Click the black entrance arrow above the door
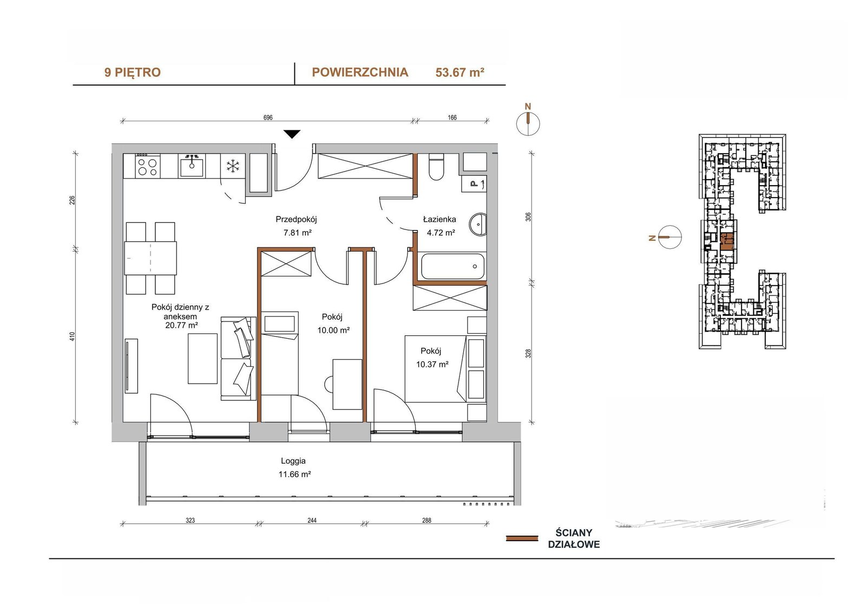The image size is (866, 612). point(292,134)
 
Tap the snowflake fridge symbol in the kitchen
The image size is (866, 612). point(233,166)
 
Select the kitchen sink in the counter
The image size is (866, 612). point(192,166)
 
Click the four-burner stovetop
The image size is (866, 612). point(148,166)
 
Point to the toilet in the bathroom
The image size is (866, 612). point(436,167)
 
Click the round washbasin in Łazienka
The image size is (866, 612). point(478,224)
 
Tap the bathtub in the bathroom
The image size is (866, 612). point(452,266)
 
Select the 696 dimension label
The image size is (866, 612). point(268,117)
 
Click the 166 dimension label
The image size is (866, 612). point(452,117)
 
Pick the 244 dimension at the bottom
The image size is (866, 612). point(312,521)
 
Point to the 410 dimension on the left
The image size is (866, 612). point(73,337)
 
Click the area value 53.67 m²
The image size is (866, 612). point(460,73)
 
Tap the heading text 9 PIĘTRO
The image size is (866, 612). point(132,73)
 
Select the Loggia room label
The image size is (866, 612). point(293,461)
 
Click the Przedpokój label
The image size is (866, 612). point(296,219)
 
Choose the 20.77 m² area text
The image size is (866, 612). point(181,325)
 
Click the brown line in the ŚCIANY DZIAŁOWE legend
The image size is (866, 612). point(522,538)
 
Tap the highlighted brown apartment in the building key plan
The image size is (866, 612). point(727,242)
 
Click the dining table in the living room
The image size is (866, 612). point(150,258)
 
